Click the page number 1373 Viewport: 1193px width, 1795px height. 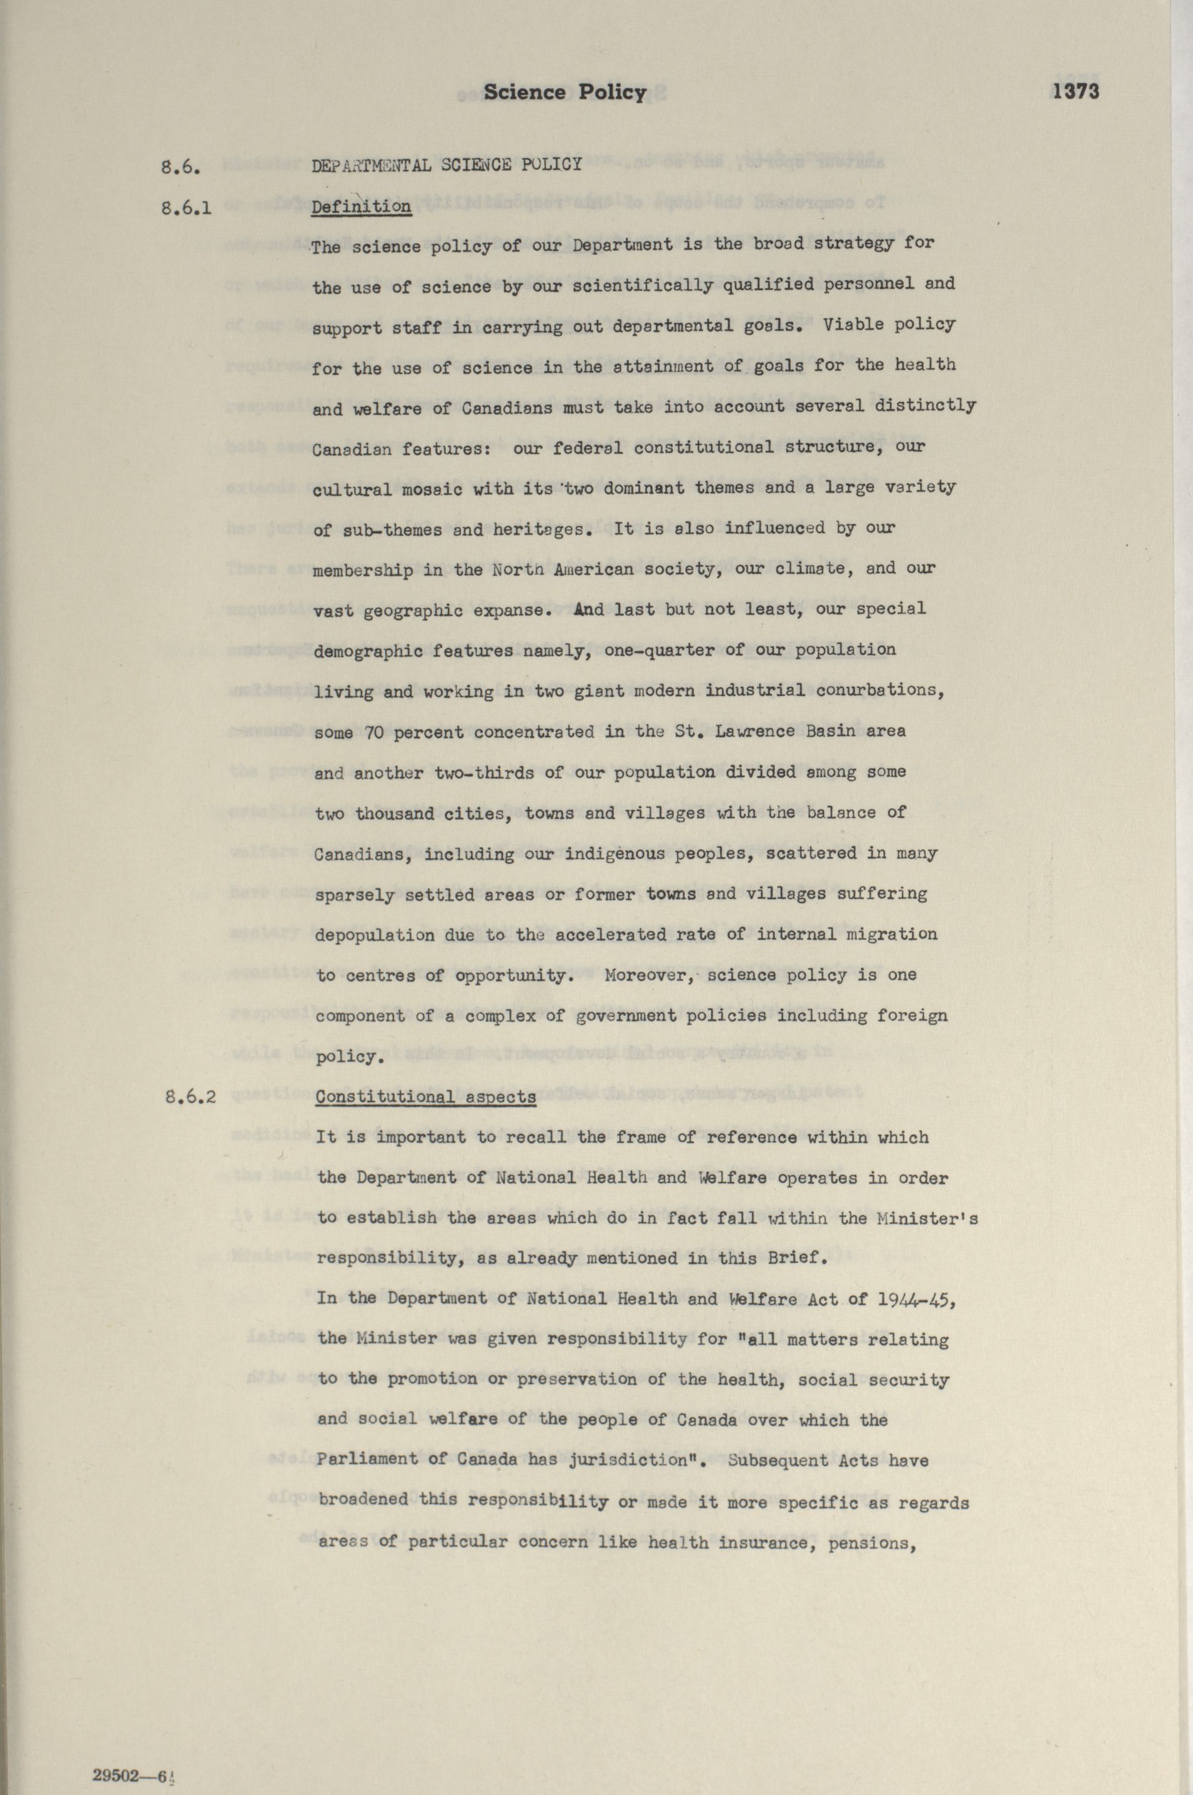(1076, 92)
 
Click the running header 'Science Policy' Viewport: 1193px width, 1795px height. (565, 93)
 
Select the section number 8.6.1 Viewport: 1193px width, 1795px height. (186, 207)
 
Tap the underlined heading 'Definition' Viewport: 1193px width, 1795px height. (362, 207)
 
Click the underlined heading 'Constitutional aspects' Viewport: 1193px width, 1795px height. (425, 1097)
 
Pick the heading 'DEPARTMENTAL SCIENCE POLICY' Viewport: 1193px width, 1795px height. (447, 164)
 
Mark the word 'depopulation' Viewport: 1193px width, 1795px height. (376, 935)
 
